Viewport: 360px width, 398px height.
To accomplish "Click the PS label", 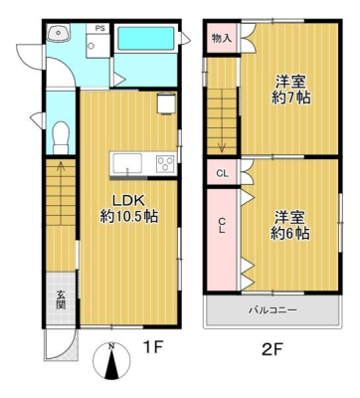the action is (100, 28).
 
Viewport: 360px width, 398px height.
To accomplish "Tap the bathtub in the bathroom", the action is (146, 39).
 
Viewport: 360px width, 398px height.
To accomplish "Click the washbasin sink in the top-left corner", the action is (59, 33).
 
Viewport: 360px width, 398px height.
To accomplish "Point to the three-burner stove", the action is (165, 163).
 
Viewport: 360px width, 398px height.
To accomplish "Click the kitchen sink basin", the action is (127, 163).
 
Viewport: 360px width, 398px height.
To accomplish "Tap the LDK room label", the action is (128, 201).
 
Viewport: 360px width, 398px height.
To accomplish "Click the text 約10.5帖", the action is (129, 217).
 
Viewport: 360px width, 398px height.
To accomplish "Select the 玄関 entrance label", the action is (61, 299).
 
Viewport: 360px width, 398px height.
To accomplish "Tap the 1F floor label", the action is (153, 347).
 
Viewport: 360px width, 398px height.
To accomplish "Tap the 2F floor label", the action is (271, 349).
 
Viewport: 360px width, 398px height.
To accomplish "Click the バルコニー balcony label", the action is (272, 310).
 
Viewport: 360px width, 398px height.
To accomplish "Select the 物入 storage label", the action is (222, 39).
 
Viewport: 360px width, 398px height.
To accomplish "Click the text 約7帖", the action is (290, 98).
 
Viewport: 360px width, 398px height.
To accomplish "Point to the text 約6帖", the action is (290, 234).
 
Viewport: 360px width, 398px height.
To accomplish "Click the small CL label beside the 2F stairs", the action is (223, 173).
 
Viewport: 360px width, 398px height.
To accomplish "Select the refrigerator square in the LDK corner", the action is (166, 102).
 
